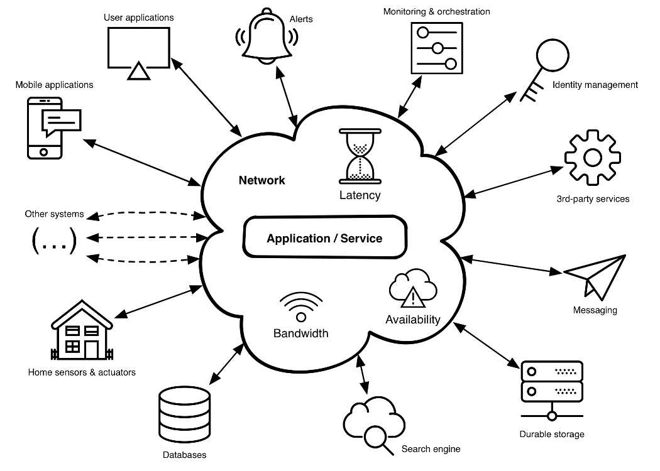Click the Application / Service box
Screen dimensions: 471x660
(x=324, y=238)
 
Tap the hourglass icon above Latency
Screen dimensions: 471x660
(x=360, y=156)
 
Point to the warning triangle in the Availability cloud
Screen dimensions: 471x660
(x=412, y=296)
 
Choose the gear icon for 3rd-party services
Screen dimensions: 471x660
(x=593, y=157)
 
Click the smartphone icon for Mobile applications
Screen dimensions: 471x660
(x=47, y=127)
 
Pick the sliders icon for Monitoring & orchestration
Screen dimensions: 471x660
(x=436, y=48)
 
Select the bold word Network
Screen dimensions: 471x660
(x=261, y=180)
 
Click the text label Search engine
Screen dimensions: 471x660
(x=431, y=449)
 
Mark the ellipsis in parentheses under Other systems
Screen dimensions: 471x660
(x=54, y=240)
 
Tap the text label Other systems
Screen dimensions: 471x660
(x=54, y=214)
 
